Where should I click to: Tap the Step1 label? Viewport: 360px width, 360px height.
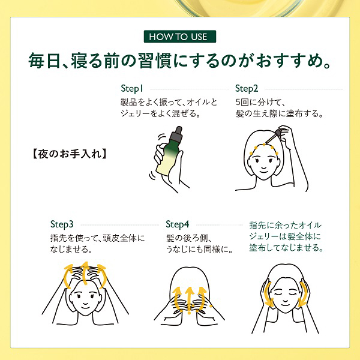tap(133, 88)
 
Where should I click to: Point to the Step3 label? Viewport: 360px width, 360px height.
tap(62, 224)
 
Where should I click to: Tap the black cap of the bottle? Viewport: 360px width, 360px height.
tap(179, 133)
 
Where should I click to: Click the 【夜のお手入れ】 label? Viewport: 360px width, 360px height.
tap(69, 153)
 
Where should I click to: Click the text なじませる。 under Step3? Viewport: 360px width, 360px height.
tap(71, 249)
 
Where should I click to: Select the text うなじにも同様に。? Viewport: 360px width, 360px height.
tap(199, 249)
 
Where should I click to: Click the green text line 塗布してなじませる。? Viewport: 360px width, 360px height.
tap(287, 247)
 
